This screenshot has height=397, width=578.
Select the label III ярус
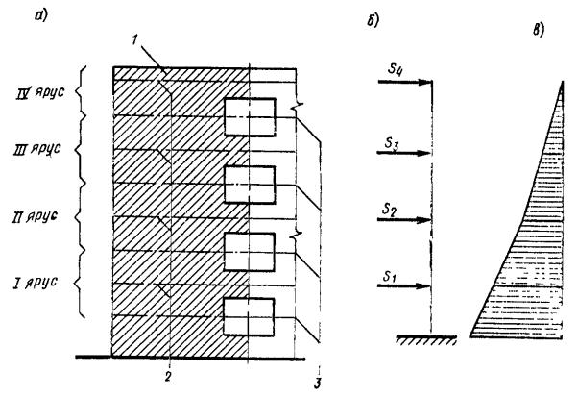pyautogui.click(x=36, y=153)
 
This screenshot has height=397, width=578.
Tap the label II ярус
pyautogui.click(x=36, y=218)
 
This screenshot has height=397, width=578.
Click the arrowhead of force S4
pyautogui.click(x=424, y=83)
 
